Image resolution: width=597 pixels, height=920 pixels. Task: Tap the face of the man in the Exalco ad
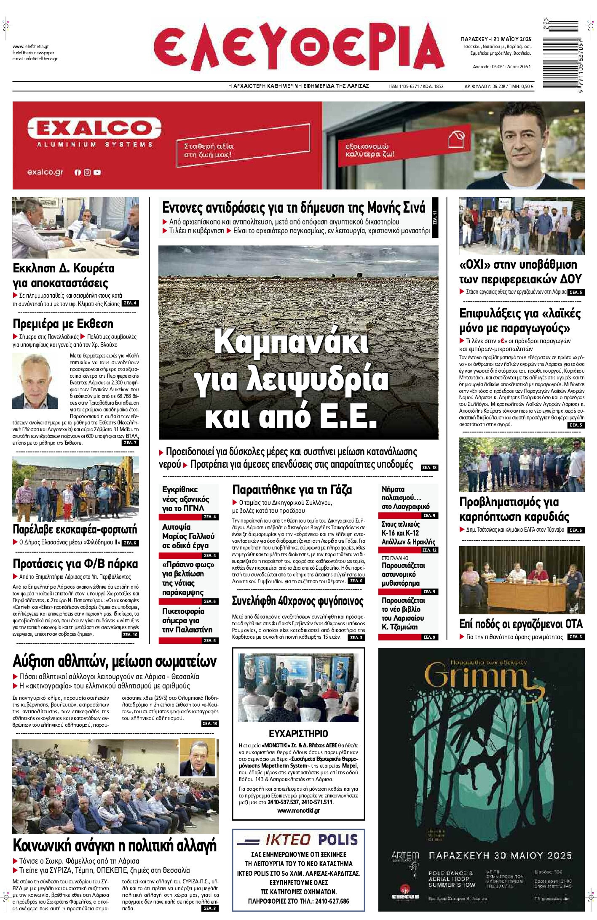click(521, 138)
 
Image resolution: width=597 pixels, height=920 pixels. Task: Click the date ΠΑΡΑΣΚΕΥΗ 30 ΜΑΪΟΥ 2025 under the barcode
click(496, 39)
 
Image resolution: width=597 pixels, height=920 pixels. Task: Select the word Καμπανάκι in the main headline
click(292, 341)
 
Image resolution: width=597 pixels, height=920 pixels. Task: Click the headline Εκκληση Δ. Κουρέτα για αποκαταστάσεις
click(63, 275)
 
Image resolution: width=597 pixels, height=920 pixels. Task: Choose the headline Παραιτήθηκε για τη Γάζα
click(292, 490)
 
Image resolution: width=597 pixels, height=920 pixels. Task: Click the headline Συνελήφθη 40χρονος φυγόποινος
click(297, 601)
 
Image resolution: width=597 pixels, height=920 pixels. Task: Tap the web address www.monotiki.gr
click(298, 811)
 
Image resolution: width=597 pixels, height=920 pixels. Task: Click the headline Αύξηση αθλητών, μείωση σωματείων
click(115, 661)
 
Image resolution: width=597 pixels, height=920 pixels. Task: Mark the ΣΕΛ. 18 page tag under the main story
click(429, 467)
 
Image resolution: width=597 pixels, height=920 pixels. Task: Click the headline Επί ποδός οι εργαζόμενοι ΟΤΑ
click(521, 624)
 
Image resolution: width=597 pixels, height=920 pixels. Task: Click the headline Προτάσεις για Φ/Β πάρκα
click(75, 564)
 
